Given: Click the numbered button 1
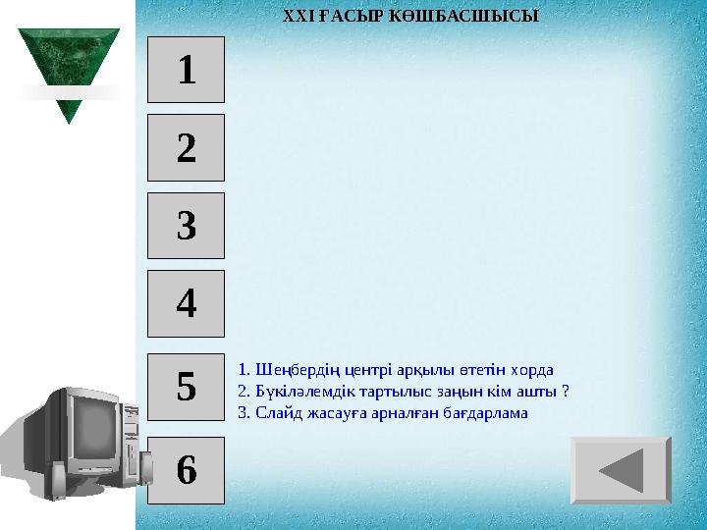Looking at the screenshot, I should coord(187,70).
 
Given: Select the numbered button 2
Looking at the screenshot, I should coord(187,148).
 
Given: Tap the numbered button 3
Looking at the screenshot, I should coord(187,227).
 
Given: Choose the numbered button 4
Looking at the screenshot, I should coord(187,304).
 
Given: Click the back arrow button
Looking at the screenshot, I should coord(621,470).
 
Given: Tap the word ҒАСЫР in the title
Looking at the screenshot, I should coord(338,17).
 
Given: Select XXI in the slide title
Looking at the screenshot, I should coord(296,17).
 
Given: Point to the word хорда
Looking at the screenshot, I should coord(533,370).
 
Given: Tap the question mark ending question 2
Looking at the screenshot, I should coord(567,392).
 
